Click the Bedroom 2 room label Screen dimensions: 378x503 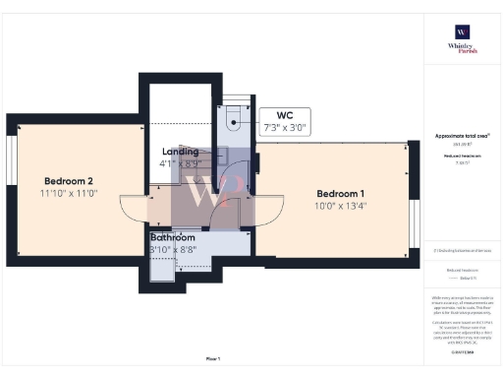click(68, 180)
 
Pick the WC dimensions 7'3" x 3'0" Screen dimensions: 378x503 click(284, 128)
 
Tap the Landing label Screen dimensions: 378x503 click(180, 152)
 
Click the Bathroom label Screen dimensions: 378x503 click(172, 237)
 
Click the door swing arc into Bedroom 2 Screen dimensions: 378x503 click(133, 208)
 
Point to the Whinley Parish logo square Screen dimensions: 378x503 click(461, 31)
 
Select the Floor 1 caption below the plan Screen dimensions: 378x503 click(213, 358)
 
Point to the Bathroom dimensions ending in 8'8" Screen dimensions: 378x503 click(172, 251)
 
